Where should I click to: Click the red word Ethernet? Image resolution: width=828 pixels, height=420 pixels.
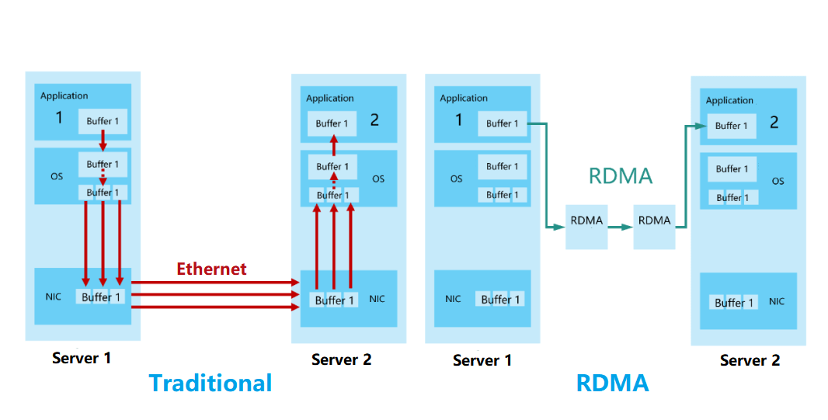point(211,269)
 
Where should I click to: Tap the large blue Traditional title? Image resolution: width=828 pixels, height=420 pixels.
point(210,383)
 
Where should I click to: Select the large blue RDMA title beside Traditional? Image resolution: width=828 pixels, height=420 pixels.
point(612,383)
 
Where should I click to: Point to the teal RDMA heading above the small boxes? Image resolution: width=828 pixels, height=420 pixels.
point(620,176)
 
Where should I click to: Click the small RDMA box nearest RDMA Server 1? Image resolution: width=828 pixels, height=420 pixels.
point(586,220)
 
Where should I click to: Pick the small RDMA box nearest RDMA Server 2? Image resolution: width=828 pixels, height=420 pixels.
point(654,220)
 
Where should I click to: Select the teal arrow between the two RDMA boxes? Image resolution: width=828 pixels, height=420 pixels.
point(620,227)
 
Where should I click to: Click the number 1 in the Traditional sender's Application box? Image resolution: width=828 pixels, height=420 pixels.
point(58,118)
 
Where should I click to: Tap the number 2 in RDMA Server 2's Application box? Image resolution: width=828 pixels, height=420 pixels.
point(774,123)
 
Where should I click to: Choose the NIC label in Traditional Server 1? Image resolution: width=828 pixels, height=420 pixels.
point(53,297)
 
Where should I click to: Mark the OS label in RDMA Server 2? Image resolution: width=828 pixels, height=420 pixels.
point(778,182)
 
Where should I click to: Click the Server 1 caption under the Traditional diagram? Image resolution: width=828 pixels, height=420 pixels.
point(82,358)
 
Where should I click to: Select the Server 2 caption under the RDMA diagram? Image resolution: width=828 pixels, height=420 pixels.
point(750,360)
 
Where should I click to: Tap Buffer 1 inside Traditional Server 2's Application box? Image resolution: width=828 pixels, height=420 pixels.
point(332,123)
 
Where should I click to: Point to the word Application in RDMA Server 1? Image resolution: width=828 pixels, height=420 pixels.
point(464,99)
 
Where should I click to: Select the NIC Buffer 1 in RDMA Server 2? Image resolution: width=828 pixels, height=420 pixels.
point(734,303)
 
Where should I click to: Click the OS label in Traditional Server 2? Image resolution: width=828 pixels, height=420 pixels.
point(378,179)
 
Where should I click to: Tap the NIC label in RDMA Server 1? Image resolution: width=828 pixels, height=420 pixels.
point(453,299)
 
